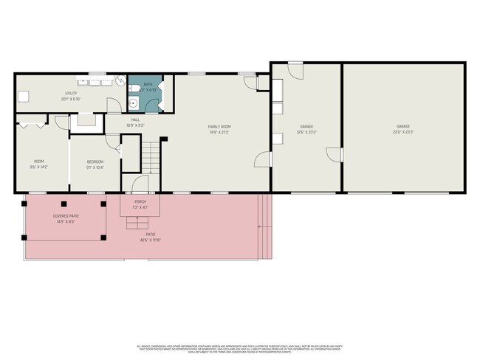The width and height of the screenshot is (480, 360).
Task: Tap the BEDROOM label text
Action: tap(95, 162)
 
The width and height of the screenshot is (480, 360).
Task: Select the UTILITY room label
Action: tap(71, 94)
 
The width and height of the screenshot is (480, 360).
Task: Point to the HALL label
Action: tap(135, 119)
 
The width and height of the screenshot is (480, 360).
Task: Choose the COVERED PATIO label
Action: tap(65, 216)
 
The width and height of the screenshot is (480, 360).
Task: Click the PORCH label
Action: tap(140, 201)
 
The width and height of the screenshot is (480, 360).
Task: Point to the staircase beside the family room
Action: tap(151, 156)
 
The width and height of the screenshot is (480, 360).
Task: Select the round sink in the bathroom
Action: tap(132, 103)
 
